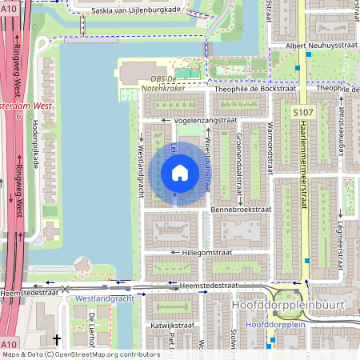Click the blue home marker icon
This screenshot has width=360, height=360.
[180, 173]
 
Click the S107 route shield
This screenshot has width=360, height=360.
[302, 114]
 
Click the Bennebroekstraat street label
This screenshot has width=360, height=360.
[241, 209]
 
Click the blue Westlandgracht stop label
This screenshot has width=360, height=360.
[104, 298]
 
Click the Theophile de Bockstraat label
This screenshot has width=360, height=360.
[256, 89]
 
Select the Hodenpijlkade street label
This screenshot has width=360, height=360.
[34, 144]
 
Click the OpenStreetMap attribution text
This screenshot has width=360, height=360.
[80, 354]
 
